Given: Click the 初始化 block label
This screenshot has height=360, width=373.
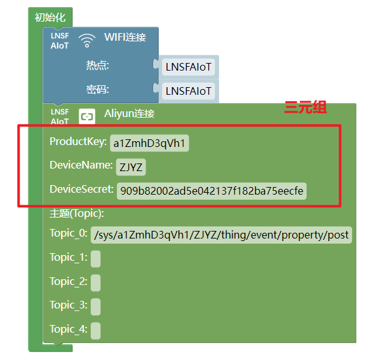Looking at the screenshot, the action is click(x=50, y=17).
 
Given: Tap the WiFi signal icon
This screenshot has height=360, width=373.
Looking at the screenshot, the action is click(x=87, y=41).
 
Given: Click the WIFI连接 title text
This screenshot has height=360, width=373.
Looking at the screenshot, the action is click(x=125, y=37).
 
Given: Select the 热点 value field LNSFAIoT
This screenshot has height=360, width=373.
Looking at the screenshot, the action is click(x=188, y=67).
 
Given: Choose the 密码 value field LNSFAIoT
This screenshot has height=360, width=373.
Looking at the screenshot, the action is click(x=188, y=91).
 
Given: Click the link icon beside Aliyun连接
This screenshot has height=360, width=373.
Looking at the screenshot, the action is click(x=87, y=116).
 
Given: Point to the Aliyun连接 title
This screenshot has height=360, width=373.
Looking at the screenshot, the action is click(x=130, y=114).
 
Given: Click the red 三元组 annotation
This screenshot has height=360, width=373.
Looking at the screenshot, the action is click(x=306, y=107).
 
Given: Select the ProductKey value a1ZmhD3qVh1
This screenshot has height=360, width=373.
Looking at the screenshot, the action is click(x=149, y=143).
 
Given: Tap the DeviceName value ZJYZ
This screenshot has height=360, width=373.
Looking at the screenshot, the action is click(x=131, y=167).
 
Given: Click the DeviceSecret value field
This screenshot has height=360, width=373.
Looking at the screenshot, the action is click(x=212, y=191).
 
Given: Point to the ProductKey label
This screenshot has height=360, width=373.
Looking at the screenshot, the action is click(x=78, y=141).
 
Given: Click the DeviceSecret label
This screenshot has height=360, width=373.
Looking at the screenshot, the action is click(x=81, y=190).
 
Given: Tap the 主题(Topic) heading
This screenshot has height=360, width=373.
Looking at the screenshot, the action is click(x=77, y=213).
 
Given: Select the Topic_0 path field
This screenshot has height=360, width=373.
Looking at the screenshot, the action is click(x=221, y=235).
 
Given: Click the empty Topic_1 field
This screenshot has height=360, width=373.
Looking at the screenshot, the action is click(x=95, y=259).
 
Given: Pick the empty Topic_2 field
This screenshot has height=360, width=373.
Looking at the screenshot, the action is click(x=95, y=283).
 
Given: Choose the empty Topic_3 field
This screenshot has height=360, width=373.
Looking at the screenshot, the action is click(x=95, y=307).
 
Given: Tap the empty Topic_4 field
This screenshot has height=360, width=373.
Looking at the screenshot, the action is click(x=95, y=331).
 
